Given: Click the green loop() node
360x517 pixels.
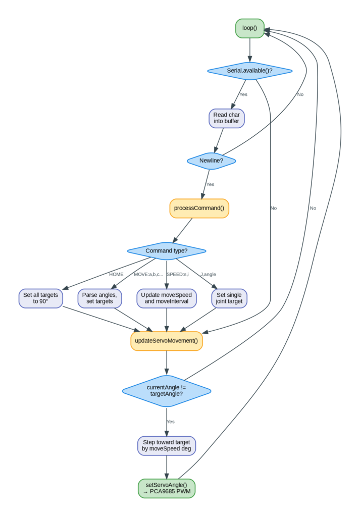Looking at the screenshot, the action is [249, 28].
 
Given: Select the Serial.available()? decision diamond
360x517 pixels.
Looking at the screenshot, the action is [249, 71].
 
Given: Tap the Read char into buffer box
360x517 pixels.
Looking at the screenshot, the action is [227, 118].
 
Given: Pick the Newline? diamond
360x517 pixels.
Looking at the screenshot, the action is [212, 161].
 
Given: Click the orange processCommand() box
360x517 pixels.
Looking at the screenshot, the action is [199, 209].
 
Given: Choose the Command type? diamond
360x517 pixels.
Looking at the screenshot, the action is [167, 251].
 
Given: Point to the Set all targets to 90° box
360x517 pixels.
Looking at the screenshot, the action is [40, 298].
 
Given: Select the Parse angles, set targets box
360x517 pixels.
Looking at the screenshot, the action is [99, 298].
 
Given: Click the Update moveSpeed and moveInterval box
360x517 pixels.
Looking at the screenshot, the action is [167, 298].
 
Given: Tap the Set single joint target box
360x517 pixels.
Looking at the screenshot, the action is [229, 298].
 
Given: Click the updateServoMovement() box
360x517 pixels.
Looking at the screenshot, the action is [167, 341].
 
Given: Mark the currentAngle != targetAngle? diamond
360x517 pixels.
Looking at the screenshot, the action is [167, 391].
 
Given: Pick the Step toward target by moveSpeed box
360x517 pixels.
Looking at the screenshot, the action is [167, 446].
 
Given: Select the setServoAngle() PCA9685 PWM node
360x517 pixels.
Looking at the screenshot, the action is [167, 488].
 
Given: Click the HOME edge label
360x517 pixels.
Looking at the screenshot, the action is [116, 274].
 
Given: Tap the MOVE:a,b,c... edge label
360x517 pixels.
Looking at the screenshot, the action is [148, 274].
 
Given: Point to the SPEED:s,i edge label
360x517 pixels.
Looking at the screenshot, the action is [178, 274].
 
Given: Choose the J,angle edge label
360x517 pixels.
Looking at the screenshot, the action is [209, 274].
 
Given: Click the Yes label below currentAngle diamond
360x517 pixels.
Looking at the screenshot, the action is [171, 422].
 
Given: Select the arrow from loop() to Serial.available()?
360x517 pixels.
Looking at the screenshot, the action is [249, 50].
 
